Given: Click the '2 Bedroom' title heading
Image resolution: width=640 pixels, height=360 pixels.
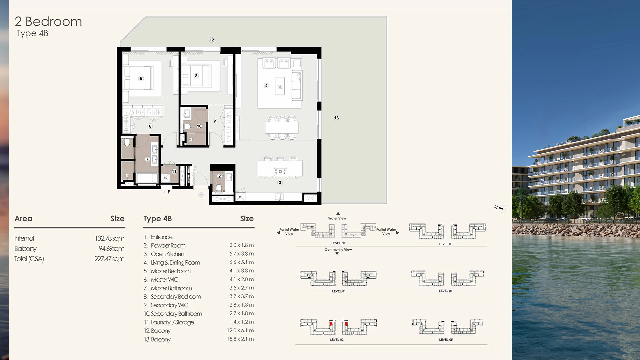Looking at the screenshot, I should coord(48,22).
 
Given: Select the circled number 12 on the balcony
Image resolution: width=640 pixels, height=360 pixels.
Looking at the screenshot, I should coord(212,40).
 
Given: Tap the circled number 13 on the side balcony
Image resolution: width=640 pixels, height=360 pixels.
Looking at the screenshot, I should coord(336,118).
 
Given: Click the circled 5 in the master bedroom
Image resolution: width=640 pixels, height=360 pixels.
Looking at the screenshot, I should coord(141,78).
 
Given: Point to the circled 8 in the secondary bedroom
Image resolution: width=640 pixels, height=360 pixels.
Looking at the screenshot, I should coord(196,76).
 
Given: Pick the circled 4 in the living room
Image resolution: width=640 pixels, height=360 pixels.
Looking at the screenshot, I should coord(266,85).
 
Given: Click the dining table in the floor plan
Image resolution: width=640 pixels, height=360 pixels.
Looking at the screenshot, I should coord(282,127).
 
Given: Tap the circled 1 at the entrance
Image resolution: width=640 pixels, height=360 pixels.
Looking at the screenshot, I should coord(201,195).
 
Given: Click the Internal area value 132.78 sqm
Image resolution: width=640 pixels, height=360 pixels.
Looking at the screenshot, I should coord(109,238).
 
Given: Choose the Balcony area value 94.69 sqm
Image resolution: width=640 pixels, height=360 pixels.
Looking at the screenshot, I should coord(111,249).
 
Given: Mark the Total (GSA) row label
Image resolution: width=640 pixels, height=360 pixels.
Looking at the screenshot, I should coord(29,259).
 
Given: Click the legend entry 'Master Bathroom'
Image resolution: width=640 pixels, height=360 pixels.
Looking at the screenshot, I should coord(171,288).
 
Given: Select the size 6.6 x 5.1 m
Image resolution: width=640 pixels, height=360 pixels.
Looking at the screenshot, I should coord(241,262).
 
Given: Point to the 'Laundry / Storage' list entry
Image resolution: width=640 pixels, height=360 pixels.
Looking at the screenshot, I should coord(172,322).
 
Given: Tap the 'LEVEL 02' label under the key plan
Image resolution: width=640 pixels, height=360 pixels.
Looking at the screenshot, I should coord(337,340).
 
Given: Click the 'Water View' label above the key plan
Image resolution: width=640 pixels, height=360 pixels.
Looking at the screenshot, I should coord(337,218).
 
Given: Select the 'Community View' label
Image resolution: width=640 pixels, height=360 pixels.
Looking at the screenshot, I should coord(338,250).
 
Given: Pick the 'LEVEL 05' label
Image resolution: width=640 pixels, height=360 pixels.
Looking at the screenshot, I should coord(446,340).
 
